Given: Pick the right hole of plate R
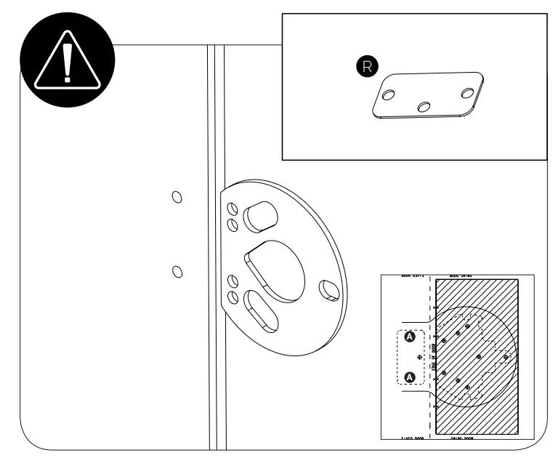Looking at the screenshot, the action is coord(467,92).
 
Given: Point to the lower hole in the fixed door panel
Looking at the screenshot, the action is coord(176,271).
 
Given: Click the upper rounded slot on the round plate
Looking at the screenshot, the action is coord(259,215).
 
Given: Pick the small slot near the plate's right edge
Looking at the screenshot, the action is coord(328,289).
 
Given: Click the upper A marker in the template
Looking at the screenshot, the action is coord(409,337).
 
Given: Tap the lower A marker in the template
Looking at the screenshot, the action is coord(409,377).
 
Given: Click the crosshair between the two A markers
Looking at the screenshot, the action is coord(419,358).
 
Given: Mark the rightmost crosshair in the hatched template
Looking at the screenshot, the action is coord(506,357).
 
